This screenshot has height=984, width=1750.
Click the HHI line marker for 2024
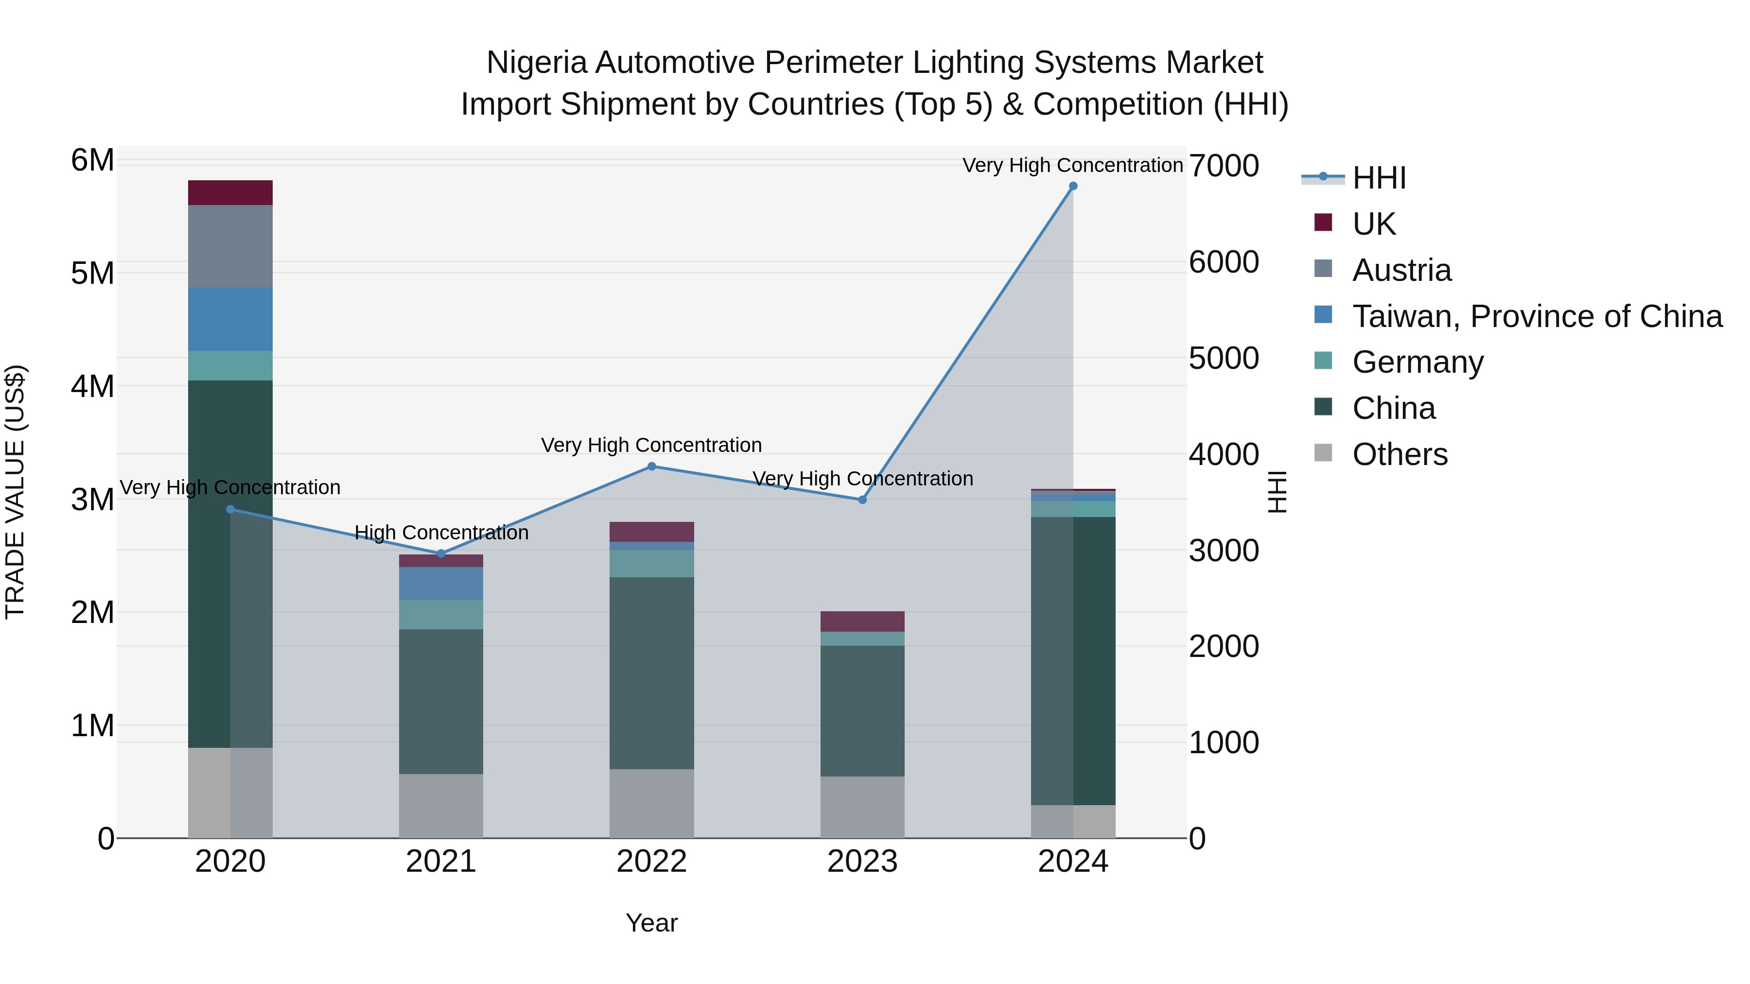coord(1073,186)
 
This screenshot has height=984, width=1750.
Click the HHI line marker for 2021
coord(441,553)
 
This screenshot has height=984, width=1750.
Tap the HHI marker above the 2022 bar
coord(651,466)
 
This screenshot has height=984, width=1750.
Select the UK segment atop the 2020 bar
coord(230,193)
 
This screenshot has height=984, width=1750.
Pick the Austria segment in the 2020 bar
coord(230,246)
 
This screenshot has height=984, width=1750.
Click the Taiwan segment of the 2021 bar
coord(441,583)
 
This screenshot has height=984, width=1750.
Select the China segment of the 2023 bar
coord(862,711)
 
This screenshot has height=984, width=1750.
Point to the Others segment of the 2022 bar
coord(651,803)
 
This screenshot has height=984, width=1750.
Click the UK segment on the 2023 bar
coord(862,621)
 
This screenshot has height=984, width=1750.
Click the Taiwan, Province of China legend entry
coord(1537,316)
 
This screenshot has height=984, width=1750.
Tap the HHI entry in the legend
coord(1379,178)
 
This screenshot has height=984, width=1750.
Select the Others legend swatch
coord(1323,452)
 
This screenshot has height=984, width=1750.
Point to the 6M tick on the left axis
coord(92,161)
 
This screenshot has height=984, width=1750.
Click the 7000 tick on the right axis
coord(1224,166)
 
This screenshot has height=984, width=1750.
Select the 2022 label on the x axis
coord(651,862)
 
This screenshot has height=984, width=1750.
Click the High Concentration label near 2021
coord(441,533)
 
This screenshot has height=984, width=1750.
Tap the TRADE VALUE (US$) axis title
coord(16,492)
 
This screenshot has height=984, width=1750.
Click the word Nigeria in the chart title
coord(537,63)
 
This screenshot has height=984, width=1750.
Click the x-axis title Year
coord(651,923)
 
